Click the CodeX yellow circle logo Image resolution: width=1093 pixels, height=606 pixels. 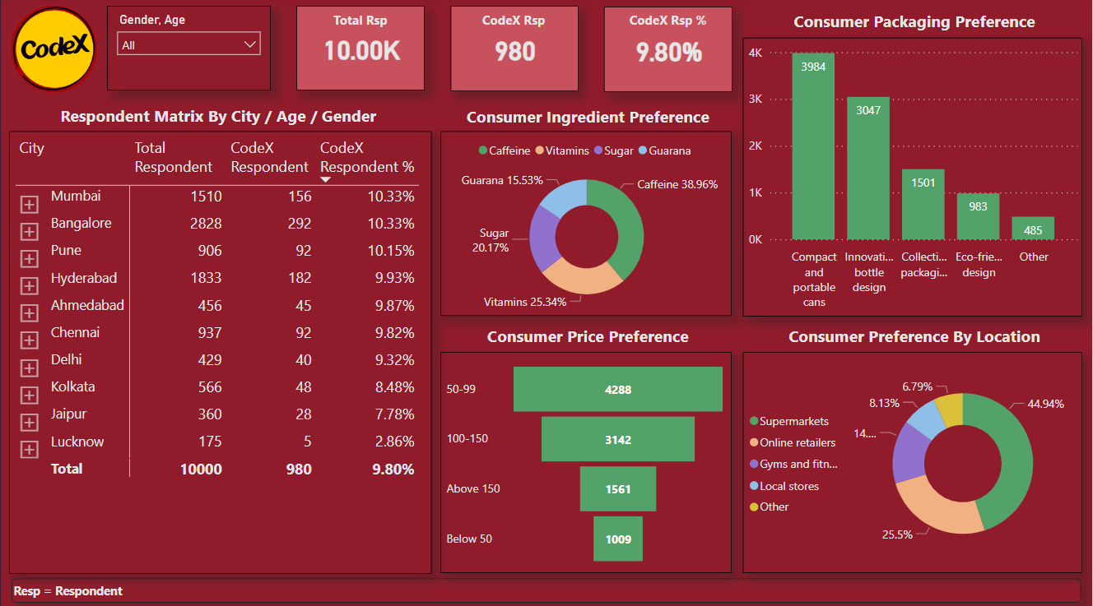[x=54, y=49]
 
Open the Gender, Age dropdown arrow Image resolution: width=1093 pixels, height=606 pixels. [x=250, y=44]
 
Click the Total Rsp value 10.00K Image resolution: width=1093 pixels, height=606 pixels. [x=361, y=52]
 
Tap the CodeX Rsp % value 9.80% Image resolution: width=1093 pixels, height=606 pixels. [x=668, y=53]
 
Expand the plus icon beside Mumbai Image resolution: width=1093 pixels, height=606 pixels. [x=30, y=204]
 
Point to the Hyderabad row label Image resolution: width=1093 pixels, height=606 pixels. [x=83, y=278]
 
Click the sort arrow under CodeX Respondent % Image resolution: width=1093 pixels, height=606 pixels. [x=325, y=179]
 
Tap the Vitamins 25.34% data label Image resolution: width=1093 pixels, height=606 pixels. [x=525, y=302]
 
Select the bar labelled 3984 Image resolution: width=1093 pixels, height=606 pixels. [x=813, y=146]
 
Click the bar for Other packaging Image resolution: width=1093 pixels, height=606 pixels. [x=1033, y=229]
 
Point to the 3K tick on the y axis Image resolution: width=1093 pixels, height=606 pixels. [x=755, y=99]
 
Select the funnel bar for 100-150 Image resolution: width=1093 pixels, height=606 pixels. [x=617, y=439]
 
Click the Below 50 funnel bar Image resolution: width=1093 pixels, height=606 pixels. [x=617, y=539]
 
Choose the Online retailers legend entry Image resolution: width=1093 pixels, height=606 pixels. [x=797, y=442]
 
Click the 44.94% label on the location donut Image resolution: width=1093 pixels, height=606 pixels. [x=1045, y=404]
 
